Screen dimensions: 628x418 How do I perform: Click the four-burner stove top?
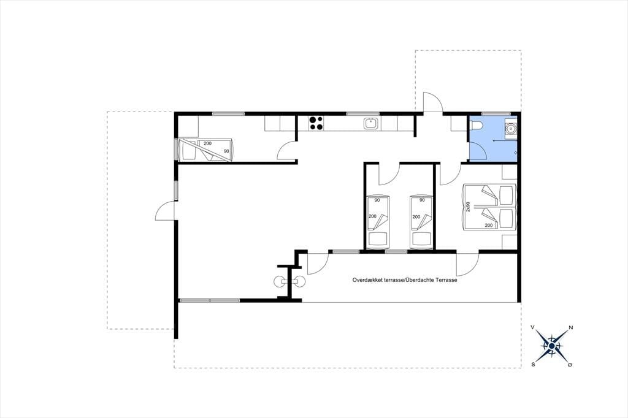[x=316, y=123]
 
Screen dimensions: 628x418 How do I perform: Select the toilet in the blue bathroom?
[x=477, y=125]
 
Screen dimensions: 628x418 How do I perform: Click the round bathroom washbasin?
[x=510, y=129]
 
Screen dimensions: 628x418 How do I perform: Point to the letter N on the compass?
[x=571, y=327]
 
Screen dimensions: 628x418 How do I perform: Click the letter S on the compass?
[x=534, y=364]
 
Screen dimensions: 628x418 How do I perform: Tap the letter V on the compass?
[x=533, y=327]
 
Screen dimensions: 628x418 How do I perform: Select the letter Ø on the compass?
[x=570, y=365]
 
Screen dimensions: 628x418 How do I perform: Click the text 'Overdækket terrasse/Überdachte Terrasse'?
[x=405, y=280]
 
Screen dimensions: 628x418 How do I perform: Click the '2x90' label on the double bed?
[x=468, y=207]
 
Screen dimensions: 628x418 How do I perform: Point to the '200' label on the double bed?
[x=489, y=226]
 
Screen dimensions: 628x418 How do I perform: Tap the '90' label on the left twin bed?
[x=377, y=200]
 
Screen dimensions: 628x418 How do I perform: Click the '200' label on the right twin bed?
[x=416, y=216]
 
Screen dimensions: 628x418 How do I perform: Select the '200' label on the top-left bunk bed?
[x=207, y=143]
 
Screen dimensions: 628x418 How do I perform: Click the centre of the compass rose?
[x=552, y=346]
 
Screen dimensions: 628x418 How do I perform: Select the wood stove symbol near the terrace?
[x=289, y=282]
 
